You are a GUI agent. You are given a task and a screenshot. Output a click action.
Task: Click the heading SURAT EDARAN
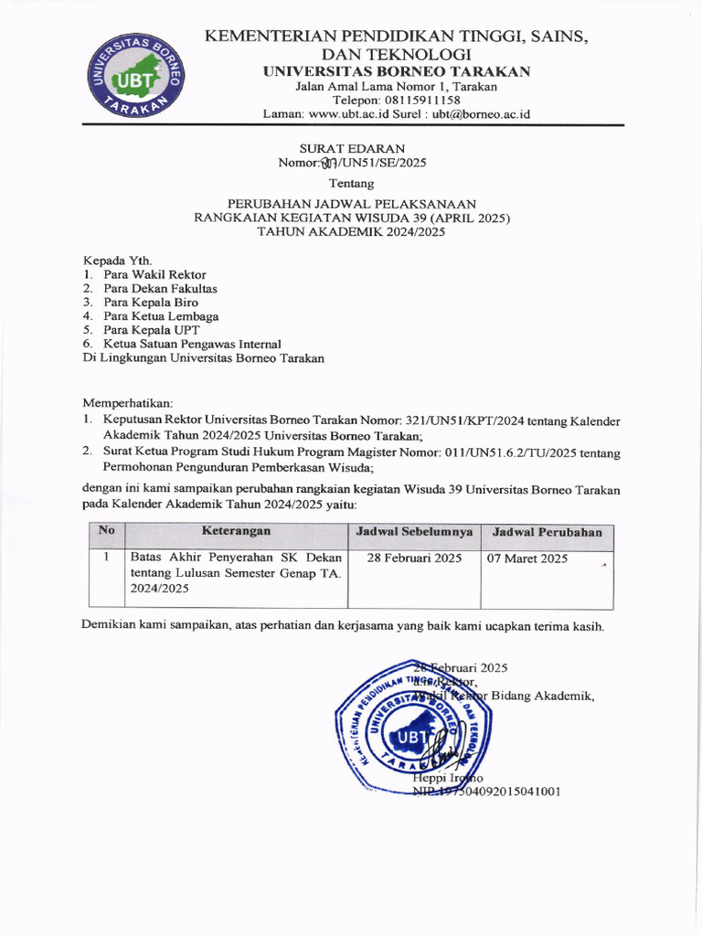tap(352, 148)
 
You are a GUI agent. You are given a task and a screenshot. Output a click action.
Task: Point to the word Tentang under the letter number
tap(351, 183)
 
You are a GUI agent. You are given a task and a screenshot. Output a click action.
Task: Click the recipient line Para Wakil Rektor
tap(154, 274)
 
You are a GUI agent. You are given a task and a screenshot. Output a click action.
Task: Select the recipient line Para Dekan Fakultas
tap(160, 289)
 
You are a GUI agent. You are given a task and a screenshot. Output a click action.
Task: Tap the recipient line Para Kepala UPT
tap(151, 330)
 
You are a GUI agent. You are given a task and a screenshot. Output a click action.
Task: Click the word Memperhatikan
tap(127, 403)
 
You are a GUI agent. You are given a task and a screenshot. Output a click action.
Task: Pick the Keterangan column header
tap(236, 531)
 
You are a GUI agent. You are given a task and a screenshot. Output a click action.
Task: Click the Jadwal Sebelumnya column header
tap(414, 532)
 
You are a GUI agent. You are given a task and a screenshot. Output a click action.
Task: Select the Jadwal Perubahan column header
tap(547, 532)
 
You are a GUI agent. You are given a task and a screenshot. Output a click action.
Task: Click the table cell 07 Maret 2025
tap(529, 558)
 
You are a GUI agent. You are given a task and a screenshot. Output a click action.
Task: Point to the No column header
tap(106, 530)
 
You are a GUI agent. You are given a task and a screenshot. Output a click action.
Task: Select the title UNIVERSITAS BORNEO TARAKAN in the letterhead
tap(396, 72)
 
